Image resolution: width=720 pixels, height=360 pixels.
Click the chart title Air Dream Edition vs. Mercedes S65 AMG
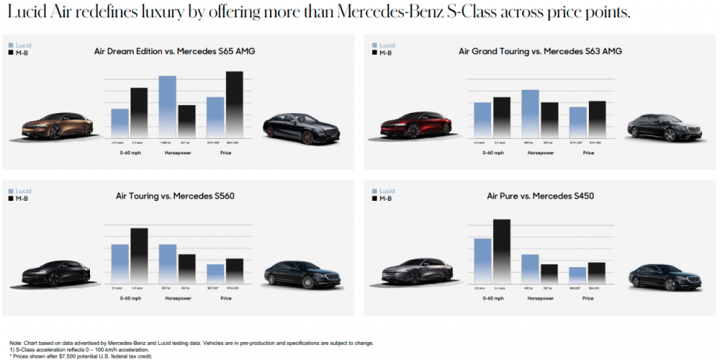coord(174,51)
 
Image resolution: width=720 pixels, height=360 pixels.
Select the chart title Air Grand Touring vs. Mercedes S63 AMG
coord(540,51)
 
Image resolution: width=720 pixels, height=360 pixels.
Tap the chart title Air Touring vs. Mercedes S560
coord(175,195)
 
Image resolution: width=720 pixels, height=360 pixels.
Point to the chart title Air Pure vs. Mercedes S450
coord(540,195)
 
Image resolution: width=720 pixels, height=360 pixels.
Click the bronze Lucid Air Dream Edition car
coord(55,127)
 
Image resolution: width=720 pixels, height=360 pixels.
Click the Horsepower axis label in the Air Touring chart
coord(177,297)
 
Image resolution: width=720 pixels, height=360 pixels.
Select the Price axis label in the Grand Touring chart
coord(588,153)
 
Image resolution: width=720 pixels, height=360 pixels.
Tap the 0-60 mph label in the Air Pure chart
coord(492,297)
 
